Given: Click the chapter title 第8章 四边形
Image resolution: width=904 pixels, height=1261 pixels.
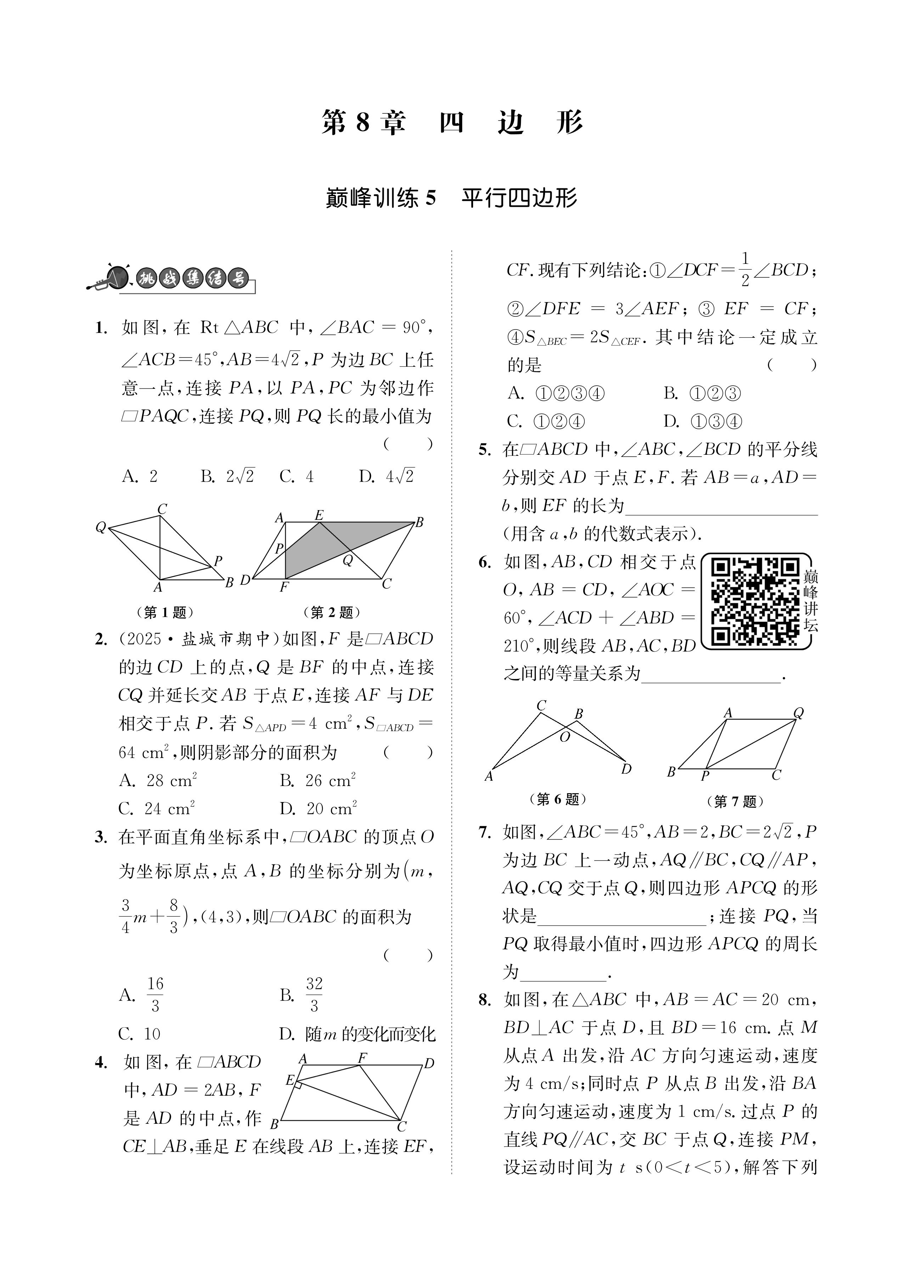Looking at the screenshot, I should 452,122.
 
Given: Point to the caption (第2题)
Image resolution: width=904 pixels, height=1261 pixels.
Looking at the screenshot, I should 332,613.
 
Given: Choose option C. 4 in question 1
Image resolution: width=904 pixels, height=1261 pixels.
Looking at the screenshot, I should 297,476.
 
